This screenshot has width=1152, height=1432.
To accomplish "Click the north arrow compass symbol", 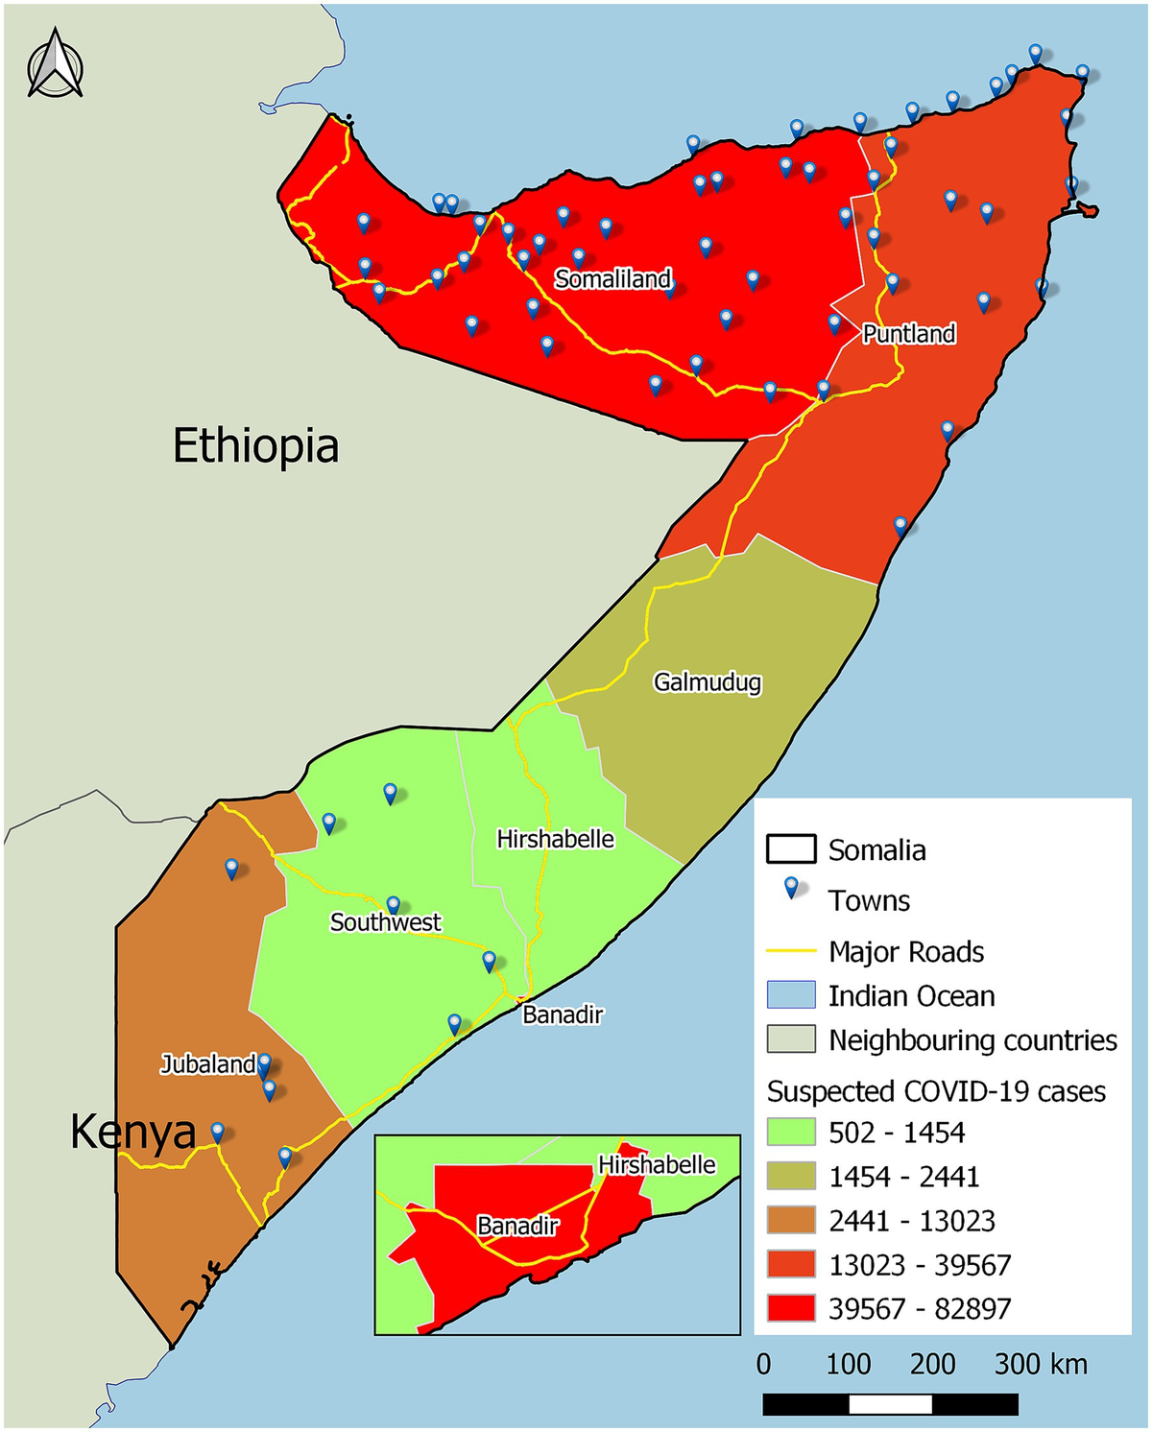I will click(x=56, y=64).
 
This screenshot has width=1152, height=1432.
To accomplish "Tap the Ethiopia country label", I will click(x=255, y=446).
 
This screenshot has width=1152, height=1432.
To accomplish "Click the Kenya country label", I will click(x=132, y=1133).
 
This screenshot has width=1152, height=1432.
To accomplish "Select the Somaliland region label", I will click(x=612, y=279).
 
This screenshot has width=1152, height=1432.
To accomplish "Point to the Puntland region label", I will click(x=908, y=334).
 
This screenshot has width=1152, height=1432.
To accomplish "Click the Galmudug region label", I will click(x=708, y=682).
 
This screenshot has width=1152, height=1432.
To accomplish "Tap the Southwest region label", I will click(x=385, y=922).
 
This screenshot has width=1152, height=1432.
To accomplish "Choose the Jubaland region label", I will click(x=207, y=1064).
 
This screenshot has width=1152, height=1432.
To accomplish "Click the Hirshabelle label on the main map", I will click(x=555, y=839).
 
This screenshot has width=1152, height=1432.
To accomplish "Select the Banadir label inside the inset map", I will click(x=517, y=1226).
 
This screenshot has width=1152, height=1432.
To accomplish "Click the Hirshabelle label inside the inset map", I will click(x=657, y=1165).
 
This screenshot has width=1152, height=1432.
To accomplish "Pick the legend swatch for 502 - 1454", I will click(x=791, y=1133).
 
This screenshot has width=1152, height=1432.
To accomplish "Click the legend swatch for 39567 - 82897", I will click(x=791, y=1309).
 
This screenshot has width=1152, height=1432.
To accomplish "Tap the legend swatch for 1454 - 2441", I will click(x=791, y=1177).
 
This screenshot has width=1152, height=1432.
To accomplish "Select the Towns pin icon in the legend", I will click(x=791, y=889).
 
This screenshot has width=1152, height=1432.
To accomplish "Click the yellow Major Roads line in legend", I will click(x=791, y=952).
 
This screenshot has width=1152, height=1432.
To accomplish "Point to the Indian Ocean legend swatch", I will click(x=791, y=995).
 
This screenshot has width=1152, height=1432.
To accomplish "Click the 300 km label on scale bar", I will click(x=1041, y=1364).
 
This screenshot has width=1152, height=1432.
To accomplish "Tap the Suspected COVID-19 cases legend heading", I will click(x=936, y=1092).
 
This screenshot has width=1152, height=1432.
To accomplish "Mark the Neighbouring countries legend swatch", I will click(x=791, y=1040).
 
